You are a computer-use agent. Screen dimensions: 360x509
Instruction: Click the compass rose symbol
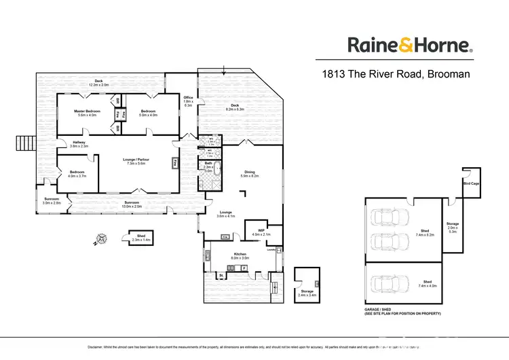click(x=100, y=238)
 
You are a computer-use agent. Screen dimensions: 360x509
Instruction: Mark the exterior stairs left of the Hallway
click(x=20, y=145)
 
